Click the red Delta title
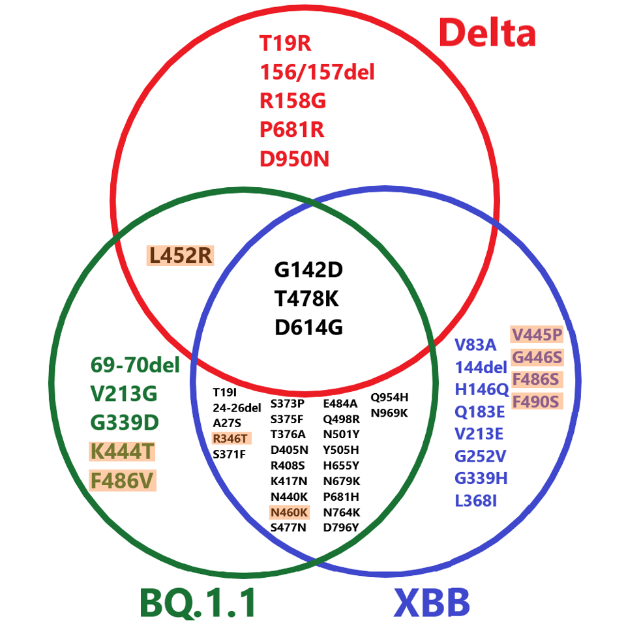coord(487,33)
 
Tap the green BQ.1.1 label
coord(198,602)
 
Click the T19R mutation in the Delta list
coord(286,44)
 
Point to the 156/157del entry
coord(317,72)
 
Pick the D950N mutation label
coord(295,158)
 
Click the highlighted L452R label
coord(181,256)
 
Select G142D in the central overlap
coord(308,269)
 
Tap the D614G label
coord(308,327)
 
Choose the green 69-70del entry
coord(135,365)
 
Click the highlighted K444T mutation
coord(123,451)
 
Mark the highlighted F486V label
coord(123,481)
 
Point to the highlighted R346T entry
coord(230,438)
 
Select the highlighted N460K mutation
coord(290,513)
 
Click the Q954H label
coord(389,397)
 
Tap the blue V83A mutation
coord(475,346)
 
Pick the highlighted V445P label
coord(536,335)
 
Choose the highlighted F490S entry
coord(536,401)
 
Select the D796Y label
coord(341,528)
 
